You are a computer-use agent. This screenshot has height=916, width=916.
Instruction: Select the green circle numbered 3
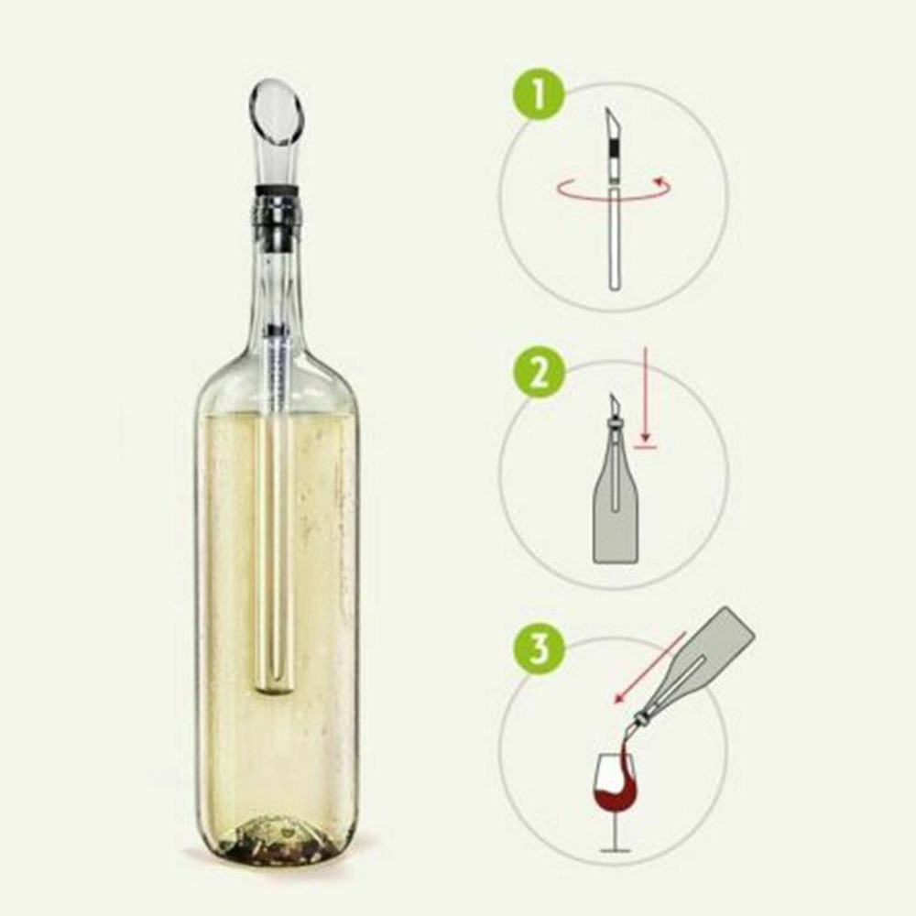tap(540, 649)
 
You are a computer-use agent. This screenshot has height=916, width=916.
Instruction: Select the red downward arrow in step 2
tap(645, 394)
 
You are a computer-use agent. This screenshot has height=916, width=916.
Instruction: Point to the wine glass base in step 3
tap(616, 851)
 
